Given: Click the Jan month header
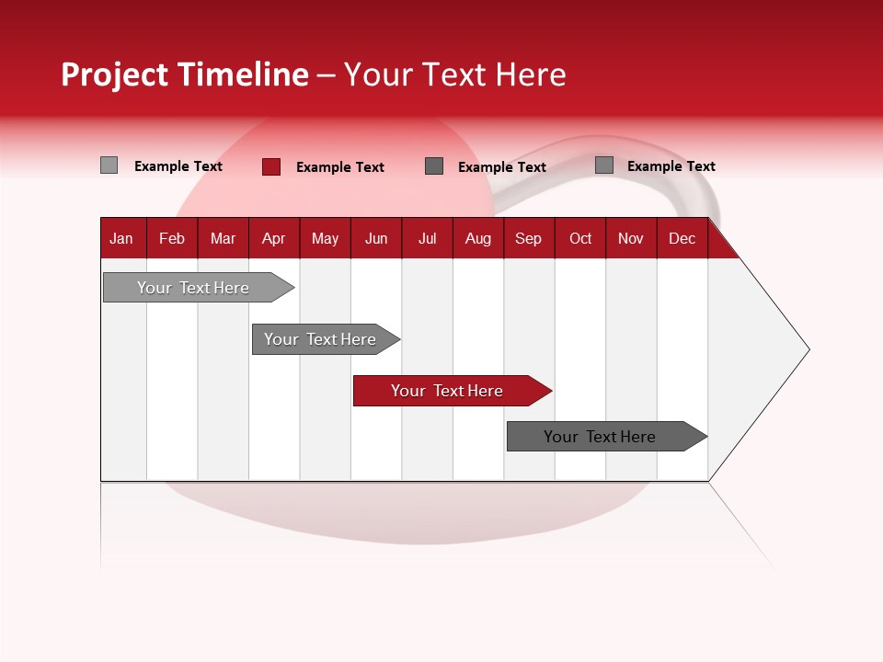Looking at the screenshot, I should [122, 238].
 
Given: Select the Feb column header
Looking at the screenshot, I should [172, 238].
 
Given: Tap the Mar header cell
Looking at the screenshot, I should [223, 238].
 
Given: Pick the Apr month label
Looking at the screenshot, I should [274, 238].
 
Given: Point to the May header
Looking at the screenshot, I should [325, 238].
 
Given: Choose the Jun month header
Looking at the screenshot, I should [376, 238].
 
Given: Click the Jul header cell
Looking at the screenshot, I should [427, 238].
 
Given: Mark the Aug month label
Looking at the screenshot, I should [478, 238].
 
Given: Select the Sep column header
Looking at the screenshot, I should [529, 238].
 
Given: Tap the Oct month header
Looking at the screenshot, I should [580, 238].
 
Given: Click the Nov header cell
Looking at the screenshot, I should [631, 238].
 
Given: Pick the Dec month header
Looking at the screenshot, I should [682, 238].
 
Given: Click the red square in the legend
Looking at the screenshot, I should [271, 166].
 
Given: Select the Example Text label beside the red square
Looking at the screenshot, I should [339, 167].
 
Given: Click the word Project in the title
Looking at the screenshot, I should [115, 74].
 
